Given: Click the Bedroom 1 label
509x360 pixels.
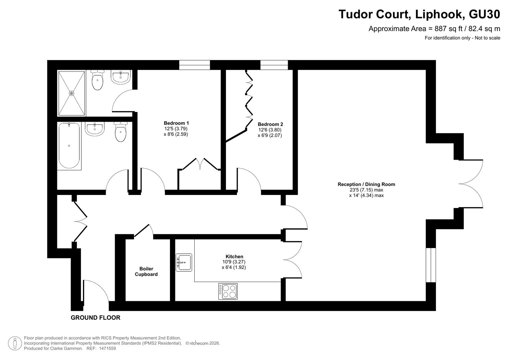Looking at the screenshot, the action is (176, 123).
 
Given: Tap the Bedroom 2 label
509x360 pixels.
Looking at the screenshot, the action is (270, 124).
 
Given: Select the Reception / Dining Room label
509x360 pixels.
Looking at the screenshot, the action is (366, 184).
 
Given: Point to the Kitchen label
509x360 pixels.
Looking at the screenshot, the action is (234, 256).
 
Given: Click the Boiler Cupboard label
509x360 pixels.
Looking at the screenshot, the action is (146, 271).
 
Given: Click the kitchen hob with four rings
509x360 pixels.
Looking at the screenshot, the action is (228, 291).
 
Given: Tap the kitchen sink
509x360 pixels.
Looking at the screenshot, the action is (184, 263).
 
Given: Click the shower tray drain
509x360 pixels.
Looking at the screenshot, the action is (72, 93).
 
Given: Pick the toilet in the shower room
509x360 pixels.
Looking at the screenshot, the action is (97, 80).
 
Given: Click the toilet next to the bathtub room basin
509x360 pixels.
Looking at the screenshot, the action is (121, 132).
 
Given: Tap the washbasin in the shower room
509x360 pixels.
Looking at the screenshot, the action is (120, 77).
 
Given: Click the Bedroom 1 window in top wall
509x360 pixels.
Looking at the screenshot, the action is (195, 65).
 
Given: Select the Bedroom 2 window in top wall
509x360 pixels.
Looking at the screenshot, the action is (274, 65).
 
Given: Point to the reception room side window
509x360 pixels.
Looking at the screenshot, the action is (431, 265).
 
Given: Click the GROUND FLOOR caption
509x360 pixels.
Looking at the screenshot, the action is (95, 317).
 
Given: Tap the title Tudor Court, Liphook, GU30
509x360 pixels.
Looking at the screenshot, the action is (419, 14).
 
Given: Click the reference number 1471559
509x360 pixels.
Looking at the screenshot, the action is (107, 348).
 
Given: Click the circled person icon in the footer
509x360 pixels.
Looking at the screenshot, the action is (15, 343).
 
